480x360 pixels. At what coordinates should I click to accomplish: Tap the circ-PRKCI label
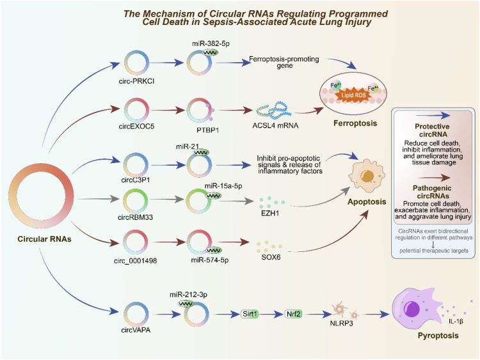point(136,81)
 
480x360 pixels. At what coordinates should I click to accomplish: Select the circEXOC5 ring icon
point(125,110)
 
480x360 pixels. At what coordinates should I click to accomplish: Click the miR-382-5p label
point(211,43)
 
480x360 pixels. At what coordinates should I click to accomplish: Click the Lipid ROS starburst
point(353,95)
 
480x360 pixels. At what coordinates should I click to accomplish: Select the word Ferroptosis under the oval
point(355,123)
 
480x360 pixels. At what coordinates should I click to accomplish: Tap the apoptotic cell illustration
point(367,176)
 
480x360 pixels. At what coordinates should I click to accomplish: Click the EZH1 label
point(270,213)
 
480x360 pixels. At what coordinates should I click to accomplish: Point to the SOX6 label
point(271,257)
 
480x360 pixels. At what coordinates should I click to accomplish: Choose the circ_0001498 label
point(135,261)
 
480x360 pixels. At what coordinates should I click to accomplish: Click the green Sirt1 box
point(250,314)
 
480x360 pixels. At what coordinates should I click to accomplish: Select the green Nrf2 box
point(294,314)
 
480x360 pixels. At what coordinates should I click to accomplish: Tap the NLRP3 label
point(341,324)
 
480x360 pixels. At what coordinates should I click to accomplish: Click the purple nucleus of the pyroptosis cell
point(412,309)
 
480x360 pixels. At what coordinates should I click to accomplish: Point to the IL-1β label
point(456,322)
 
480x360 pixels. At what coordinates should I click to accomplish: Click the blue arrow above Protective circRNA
point(433,115)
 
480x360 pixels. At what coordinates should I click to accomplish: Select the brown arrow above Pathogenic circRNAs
point(433,177)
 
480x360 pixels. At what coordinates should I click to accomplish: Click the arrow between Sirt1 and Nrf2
point(271,314)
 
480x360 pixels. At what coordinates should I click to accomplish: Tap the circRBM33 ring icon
point(124,200)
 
